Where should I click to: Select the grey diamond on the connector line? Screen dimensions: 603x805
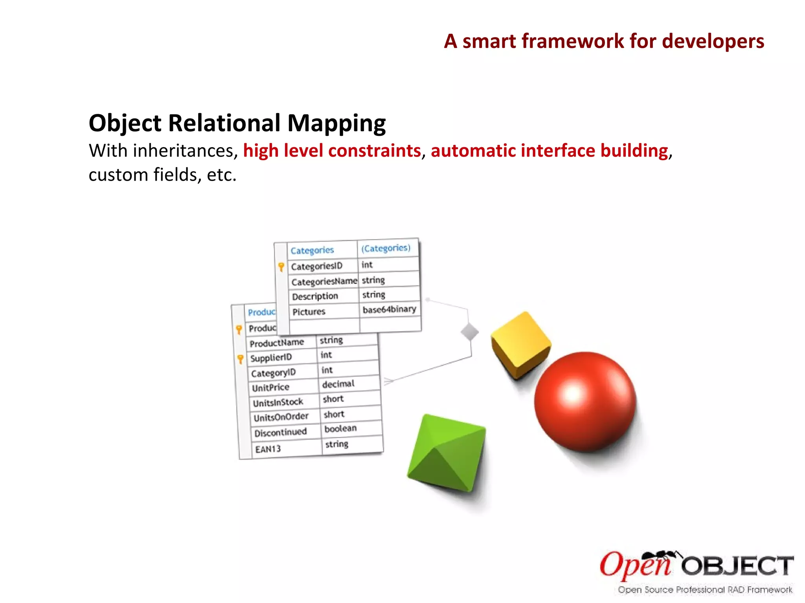469,332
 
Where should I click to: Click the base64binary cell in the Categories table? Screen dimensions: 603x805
389,309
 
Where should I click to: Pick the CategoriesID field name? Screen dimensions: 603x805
316,266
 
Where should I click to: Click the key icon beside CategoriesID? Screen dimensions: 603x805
281,267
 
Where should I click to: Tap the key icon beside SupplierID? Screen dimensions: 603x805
240,359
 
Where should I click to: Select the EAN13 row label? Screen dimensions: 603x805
268,449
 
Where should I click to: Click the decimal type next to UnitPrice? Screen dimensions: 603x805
338,384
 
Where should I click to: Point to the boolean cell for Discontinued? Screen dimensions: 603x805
340,428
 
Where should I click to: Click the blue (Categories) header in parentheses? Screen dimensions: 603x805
386,248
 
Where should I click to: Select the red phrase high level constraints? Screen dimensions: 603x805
332,151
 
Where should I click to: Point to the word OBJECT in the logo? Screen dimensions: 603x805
737,566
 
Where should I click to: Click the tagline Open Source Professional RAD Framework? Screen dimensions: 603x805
705,589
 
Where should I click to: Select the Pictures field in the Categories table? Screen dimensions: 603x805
309,312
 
